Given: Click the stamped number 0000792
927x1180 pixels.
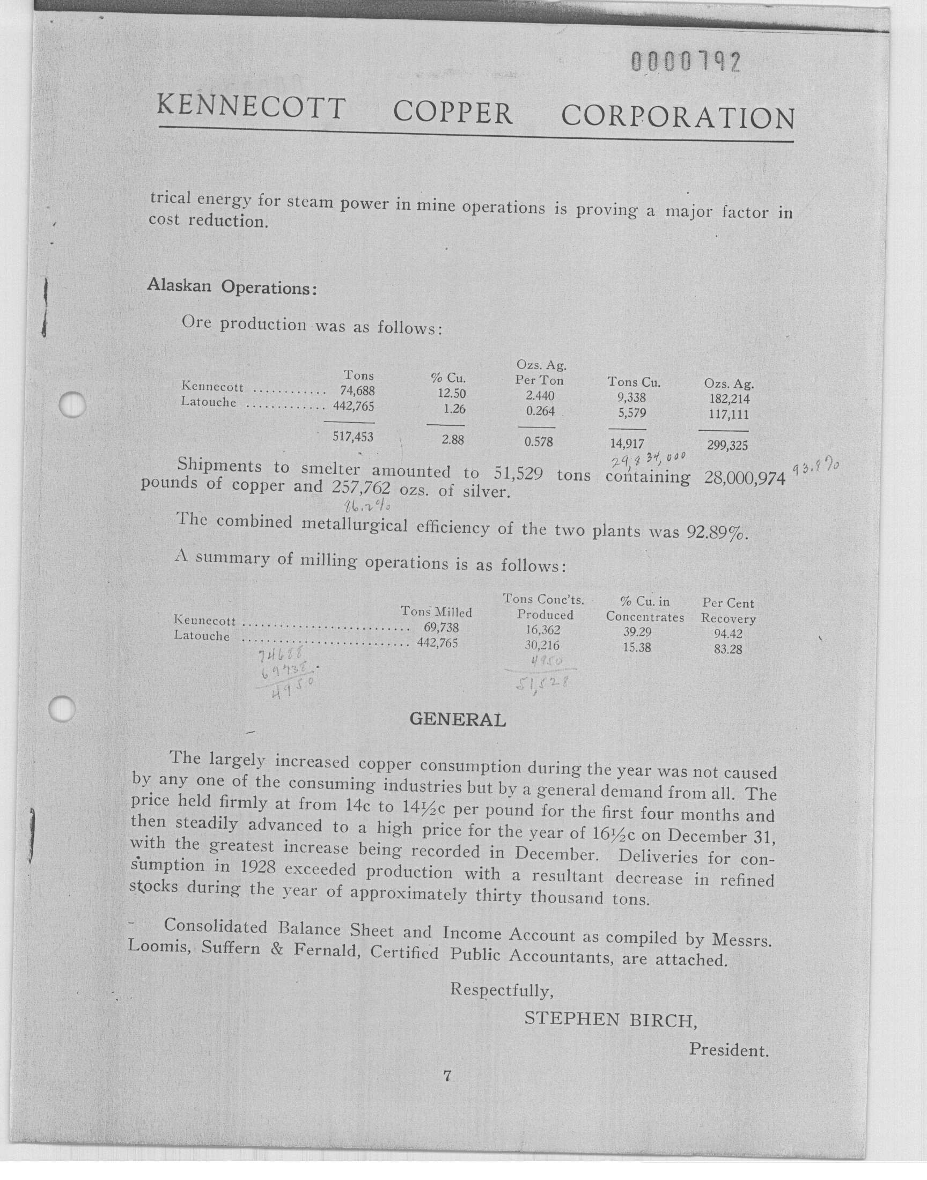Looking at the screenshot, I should pyautogui.click(x=686, y=63).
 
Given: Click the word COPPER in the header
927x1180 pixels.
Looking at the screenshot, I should pyautogui.click(x=453, y=113).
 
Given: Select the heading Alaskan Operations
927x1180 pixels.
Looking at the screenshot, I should pyautogui.click(x=232, y=286).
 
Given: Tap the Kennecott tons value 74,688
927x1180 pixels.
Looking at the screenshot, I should pyautogui.click(x=357, y=390).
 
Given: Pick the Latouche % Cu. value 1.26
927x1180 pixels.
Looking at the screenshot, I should pyautogui.click(x=454, y=410).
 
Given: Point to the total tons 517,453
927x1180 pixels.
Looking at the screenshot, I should pyautogui.click(x=353, y=437).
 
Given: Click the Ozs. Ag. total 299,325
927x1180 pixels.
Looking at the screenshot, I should pyautogui.click(x=727, y=445).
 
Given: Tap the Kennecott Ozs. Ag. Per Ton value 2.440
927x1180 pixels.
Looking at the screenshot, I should pyautogui.click(x=540, y=396).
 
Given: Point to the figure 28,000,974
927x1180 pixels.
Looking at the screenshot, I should pyautogui.click(x=745, y=478).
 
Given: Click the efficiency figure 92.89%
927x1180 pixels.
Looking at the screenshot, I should pyautogui.click(x=717, y=532).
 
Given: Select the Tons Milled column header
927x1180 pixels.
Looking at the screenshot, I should pyautogui.click(x=436, y=612).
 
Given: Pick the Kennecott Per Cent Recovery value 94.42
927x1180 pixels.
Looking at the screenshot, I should pyautogui.click(x=728, y=633).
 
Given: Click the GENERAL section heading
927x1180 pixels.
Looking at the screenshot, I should pyautogui.click(x=458, y=719).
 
